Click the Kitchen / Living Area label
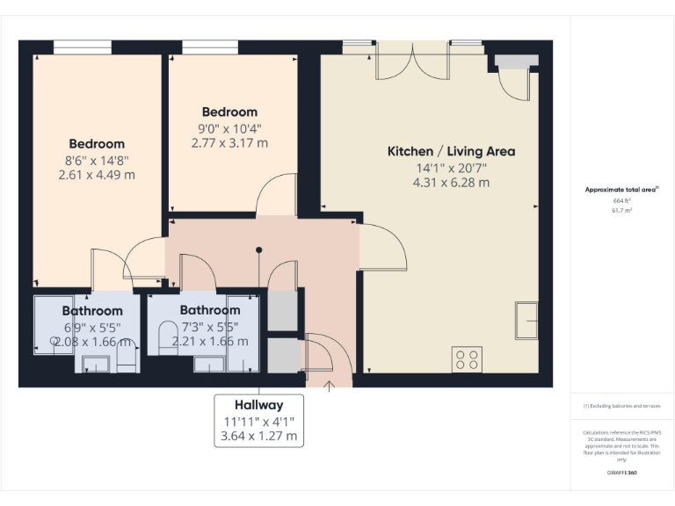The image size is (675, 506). coord(451,151)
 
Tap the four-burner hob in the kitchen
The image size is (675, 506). coord(467,358)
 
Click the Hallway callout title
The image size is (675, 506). coord(258,405)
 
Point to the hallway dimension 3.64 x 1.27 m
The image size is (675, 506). coord(258,436)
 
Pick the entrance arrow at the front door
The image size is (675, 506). coord(330,383)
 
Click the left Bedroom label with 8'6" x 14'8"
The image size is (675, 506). coord(97,143)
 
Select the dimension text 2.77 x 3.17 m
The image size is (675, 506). coord(229,142)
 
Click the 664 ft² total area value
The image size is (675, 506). coord(621,201)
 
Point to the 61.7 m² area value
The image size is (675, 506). coord(621,211)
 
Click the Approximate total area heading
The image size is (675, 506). coord(621,189)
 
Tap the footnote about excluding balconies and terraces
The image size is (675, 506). coord(621,406)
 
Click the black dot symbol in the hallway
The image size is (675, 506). coord(258,250)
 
